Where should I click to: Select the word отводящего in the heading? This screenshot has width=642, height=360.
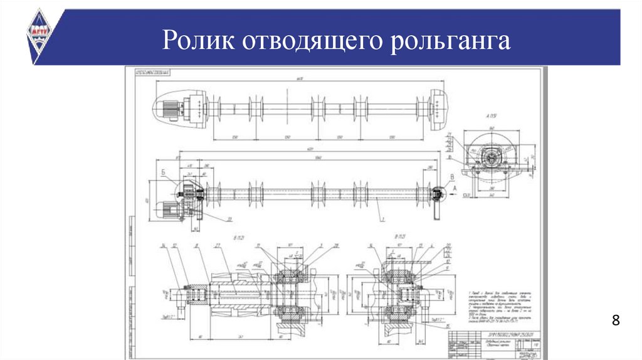[x=313, y=43]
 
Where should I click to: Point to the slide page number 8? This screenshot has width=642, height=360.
[x=616, y=321]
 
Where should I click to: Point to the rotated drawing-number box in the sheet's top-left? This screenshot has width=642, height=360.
[x=154, y=73]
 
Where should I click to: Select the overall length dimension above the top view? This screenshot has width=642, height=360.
[x=300, y=80]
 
